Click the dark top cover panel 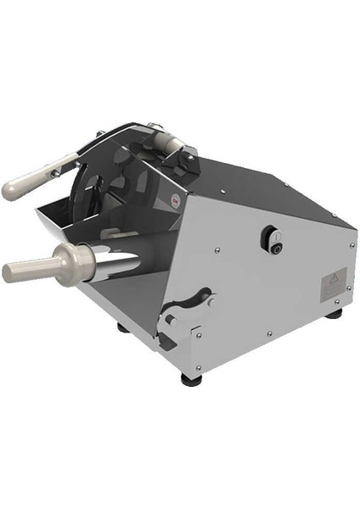pos(255,182)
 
